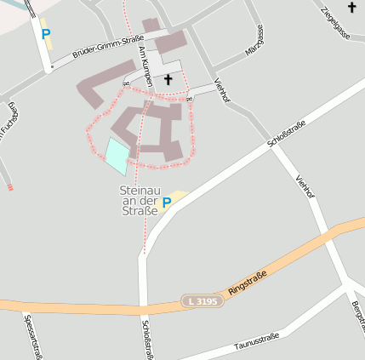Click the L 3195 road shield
pos(202,301)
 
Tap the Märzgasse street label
pos(254,40)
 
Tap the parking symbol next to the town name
pos(167,203)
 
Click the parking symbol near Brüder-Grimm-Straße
pos(45,35)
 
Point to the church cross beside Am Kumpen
pos(168,80)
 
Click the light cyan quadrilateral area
pos(117,156)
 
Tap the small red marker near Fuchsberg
pos(10,187)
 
